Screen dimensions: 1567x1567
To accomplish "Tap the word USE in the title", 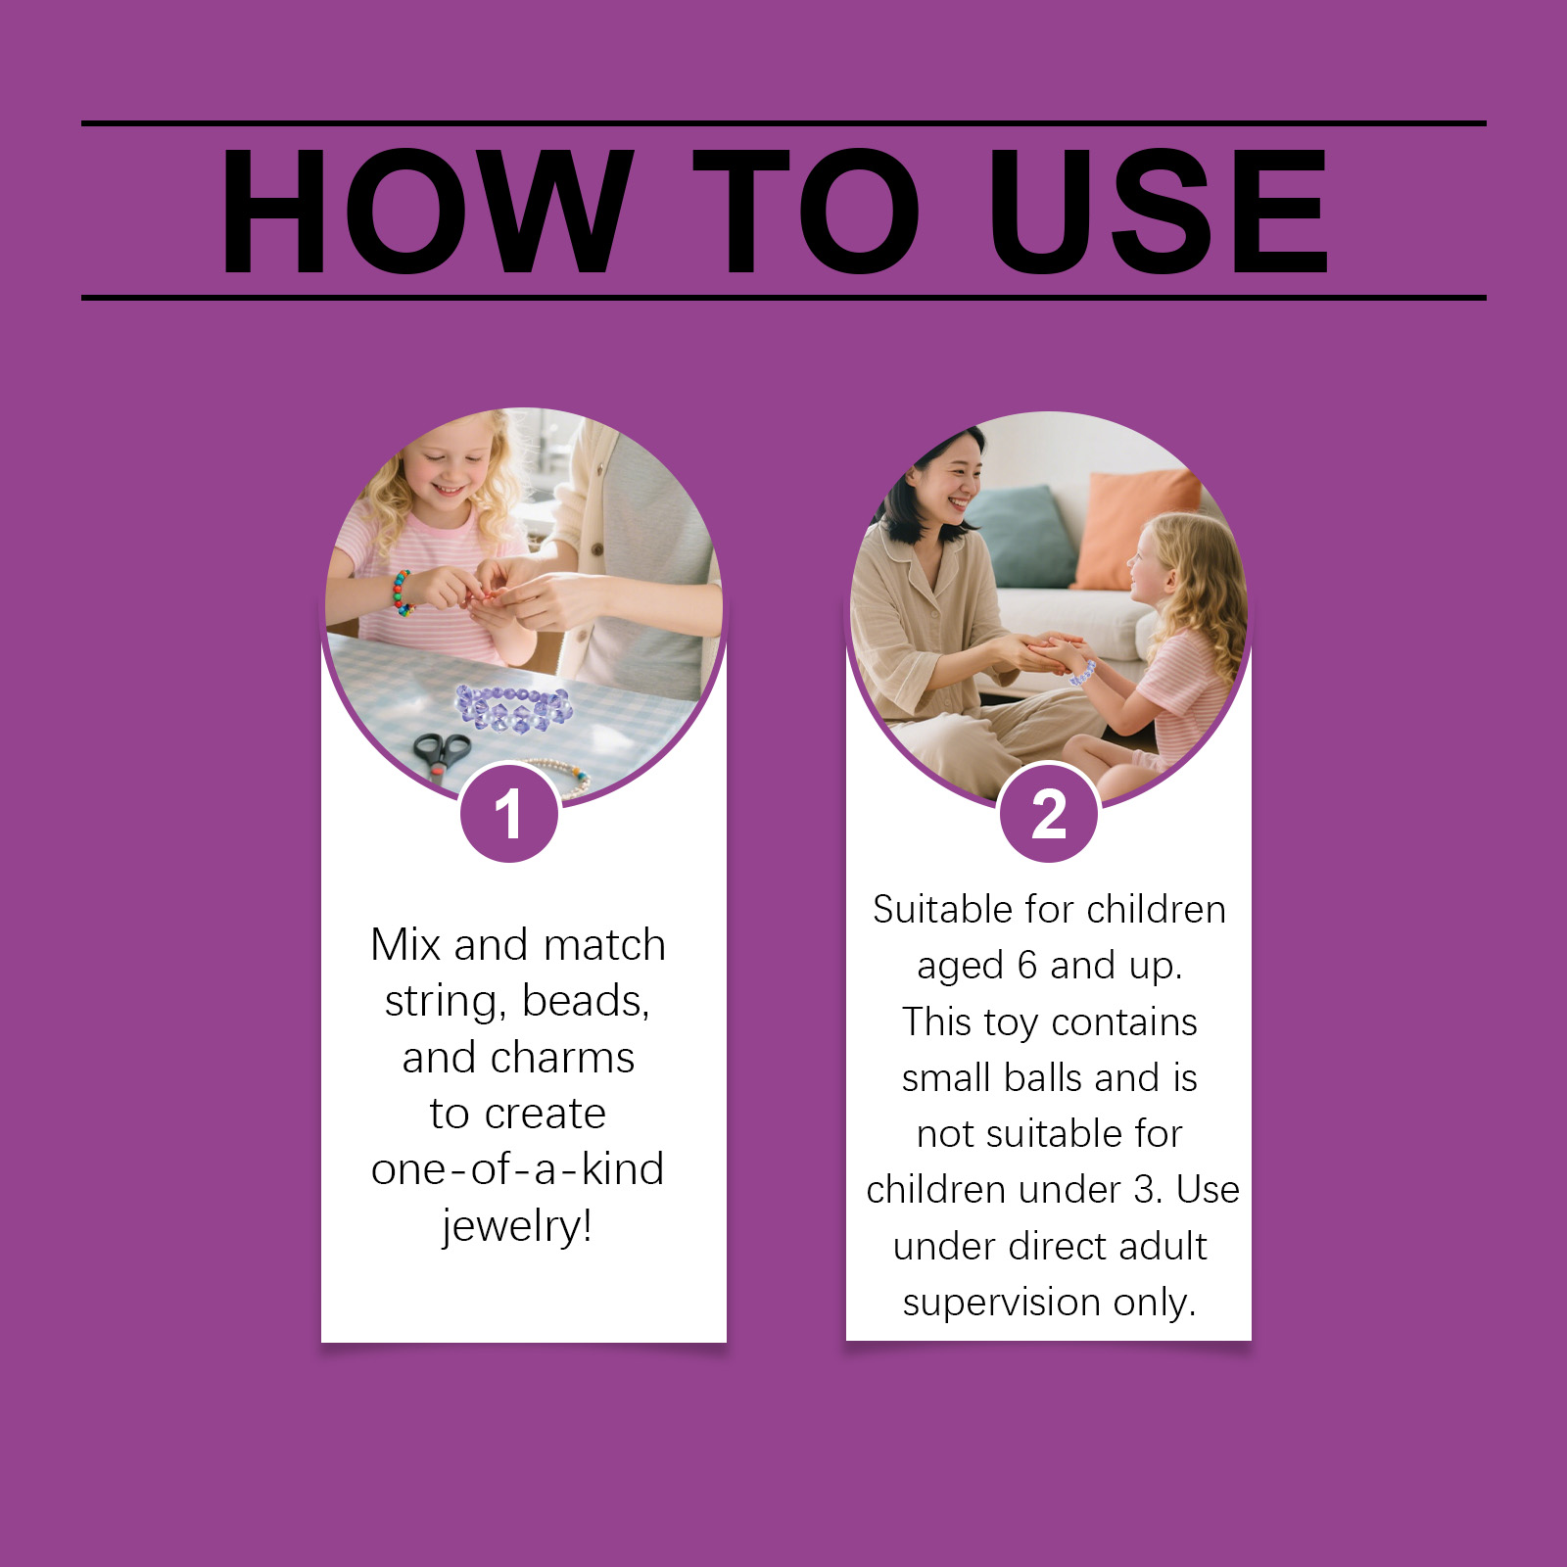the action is (x=1158, y=211).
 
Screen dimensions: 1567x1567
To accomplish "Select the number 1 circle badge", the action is (x=509, y=813).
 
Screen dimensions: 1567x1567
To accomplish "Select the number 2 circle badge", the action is (x=1049, y=813).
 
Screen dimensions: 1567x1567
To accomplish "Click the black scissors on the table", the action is (x=442, y=753).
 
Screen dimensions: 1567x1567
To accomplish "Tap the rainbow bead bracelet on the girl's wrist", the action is (x=403, y=593).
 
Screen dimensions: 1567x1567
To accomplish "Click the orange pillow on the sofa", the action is (x=1136, y=529).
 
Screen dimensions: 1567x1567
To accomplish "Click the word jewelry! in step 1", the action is (x=518, y=1225).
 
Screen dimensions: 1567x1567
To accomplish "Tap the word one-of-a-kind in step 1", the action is (x=518, y=1168).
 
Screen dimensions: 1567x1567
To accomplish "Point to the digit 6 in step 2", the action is (x=1027, y=966).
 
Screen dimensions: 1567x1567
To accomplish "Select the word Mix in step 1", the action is (x=405, y=945).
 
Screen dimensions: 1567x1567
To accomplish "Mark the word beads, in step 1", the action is (x=586, y=1002).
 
